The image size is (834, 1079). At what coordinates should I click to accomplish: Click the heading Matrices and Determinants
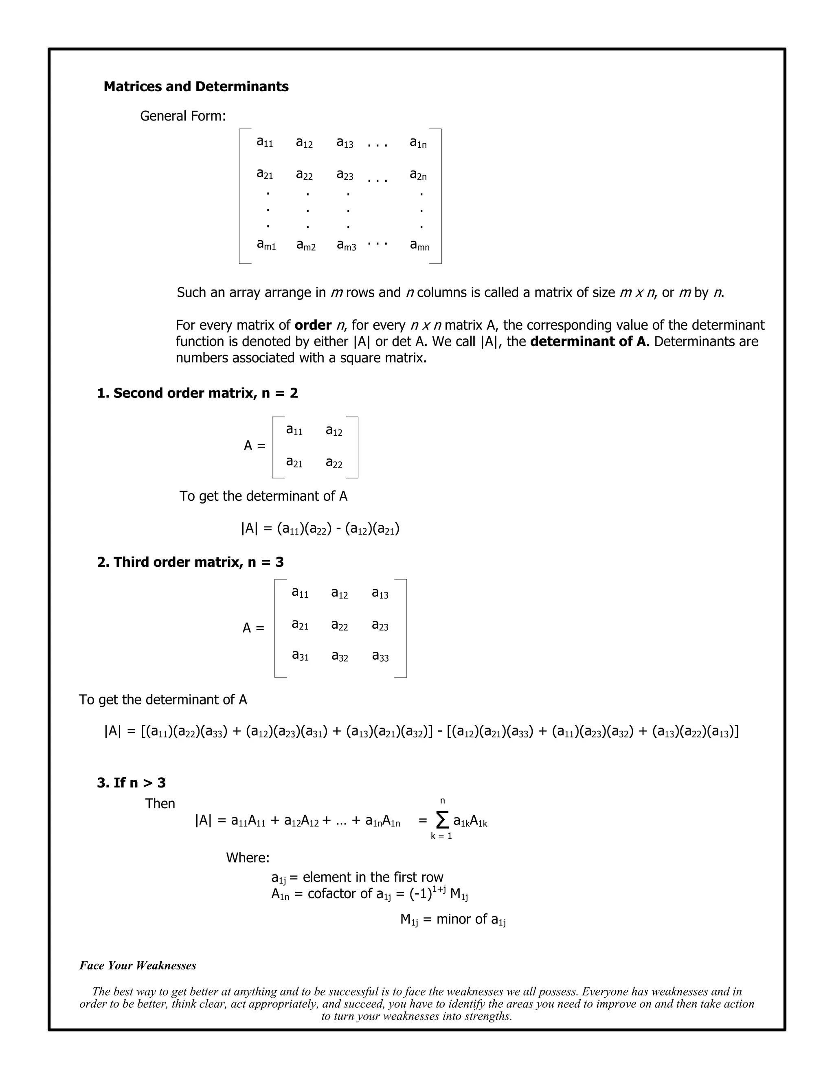tap(196, 86)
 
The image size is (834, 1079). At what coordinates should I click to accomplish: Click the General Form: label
tap(183, 116)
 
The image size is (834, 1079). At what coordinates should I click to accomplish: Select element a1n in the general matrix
tap(418, 143)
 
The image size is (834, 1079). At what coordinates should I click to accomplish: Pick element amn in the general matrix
tap(419, 245)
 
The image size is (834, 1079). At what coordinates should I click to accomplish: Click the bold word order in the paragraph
tap(313, 325)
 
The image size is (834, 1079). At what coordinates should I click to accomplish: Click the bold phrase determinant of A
tap(588, 341)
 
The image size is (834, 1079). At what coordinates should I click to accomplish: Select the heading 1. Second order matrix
tap(198, 393)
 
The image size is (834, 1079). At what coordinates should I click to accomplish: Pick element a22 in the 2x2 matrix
tap(334, 463)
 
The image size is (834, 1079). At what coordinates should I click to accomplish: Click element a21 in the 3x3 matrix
tap(300, 625)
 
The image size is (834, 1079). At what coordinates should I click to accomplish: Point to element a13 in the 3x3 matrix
tap(380, 593)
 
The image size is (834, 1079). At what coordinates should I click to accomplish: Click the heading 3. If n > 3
tap(132, 783)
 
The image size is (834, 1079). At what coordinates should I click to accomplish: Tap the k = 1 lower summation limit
tap(441, 836)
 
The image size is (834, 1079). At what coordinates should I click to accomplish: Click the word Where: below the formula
tap(248, 857)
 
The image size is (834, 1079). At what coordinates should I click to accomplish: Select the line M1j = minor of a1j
tap(452, 919)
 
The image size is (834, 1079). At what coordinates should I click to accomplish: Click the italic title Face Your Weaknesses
tap(138, 965)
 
